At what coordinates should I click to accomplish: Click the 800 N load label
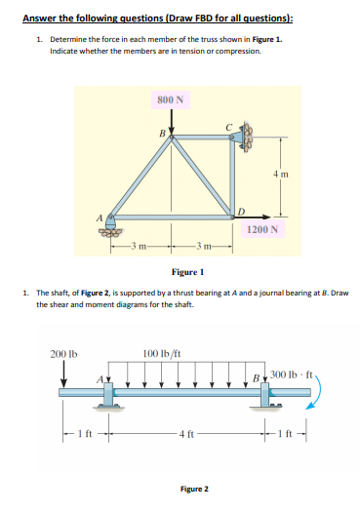[x=172, y=99]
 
